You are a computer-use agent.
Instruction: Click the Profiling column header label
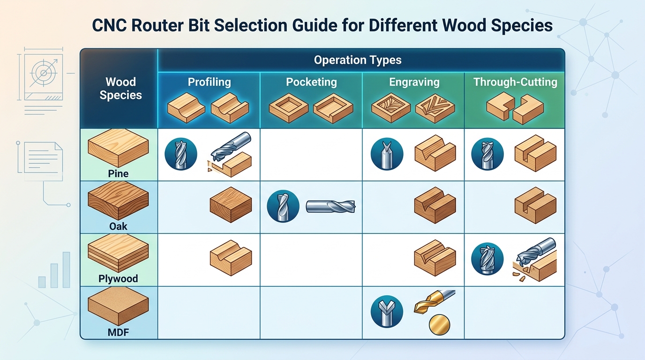(x=209, y=82)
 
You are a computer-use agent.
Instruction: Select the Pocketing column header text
(x=311, y=82)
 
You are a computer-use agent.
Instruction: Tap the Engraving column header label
(x=414, y=82)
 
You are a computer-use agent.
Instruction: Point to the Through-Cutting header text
(x=515, y=82)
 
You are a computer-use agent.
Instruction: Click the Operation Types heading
(x=357, y=60)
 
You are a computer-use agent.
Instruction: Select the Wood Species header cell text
(x=120, y=89)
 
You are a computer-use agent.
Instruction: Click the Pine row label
(x=118, y=173)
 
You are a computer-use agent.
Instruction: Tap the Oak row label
(x=118, y=226)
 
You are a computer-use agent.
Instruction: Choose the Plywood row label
(x=118, y=278)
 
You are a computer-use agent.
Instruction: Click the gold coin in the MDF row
(x=439, y=324)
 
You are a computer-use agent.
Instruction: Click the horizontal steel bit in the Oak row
(x=331, y=206)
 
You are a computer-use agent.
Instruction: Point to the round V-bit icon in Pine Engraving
(x=387, y=154)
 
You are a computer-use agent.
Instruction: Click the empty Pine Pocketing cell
(x=311, y=155)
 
